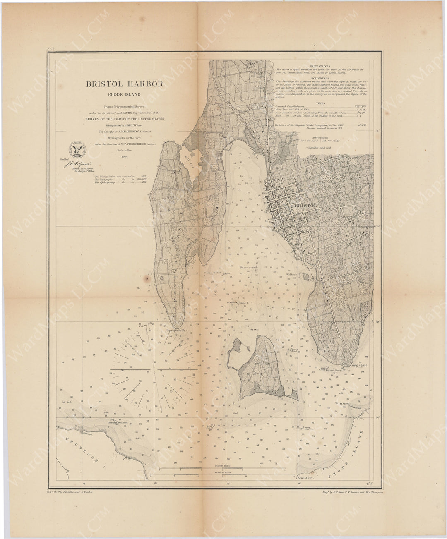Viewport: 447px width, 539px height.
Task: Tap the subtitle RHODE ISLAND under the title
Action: coord(124,95)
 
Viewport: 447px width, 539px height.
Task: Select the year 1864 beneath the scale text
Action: coord(125,157)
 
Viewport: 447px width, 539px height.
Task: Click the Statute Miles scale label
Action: coord(223,466)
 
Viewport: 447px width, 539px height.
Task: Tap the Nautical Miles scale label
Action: coord(223,472)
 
